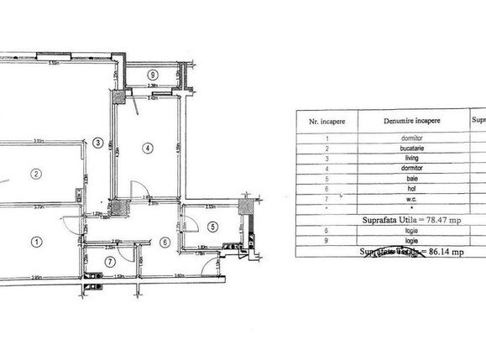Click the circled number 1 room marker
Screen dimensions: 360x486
click(35, 242)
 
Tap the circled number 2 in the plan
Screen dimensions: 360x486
click(35, 175)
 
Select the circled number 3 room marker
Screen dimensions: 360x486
click(98, 143)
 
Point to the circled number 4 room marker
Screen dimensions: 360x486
click(148, 149)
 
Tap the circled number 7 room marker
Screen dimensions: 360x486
click(108, 261)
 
